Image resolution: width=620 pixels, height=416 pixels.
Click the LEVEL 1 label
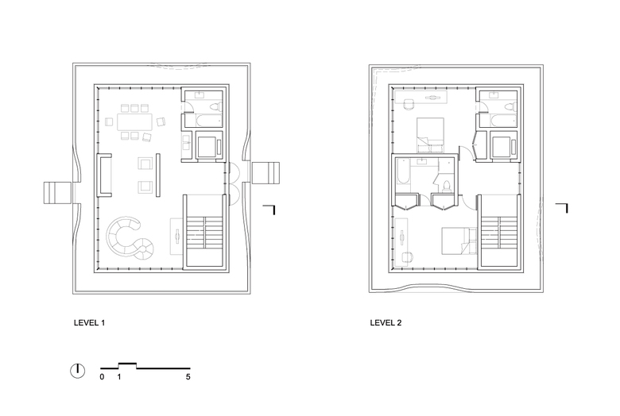89,323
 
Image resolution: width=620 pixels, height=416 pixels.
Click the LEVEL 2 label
386,323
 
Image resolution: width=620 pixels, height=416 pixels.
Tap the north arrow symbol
78,371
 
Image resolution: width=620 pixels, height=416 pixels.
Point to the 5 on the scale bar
188,377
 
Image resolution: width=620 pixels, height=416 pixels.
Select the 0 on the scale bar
102,377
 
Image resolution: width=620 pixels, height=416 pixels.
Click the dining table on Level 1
134,122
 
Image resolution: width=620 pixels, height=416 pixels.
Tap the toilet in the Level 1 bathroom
216,106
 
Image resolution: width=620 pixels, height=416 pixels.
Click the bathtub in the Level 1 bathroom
206,121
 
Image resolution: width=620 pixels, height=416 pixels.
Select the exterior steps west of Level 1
58,193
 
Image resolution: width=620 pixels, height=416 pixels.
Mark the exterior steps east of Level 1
265,173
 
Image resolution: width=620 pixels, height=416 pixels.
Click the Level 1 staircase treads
206,233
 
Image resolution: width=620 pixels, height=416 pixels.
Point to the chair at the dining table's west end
109,122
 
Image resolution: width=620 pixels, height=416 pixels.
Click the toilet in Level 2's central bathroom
447,186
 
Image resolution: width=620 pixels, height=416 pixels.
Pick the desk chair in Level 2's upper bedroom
409,104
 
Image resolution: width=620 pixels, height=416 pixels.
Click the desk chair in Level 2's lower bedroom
407,257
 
